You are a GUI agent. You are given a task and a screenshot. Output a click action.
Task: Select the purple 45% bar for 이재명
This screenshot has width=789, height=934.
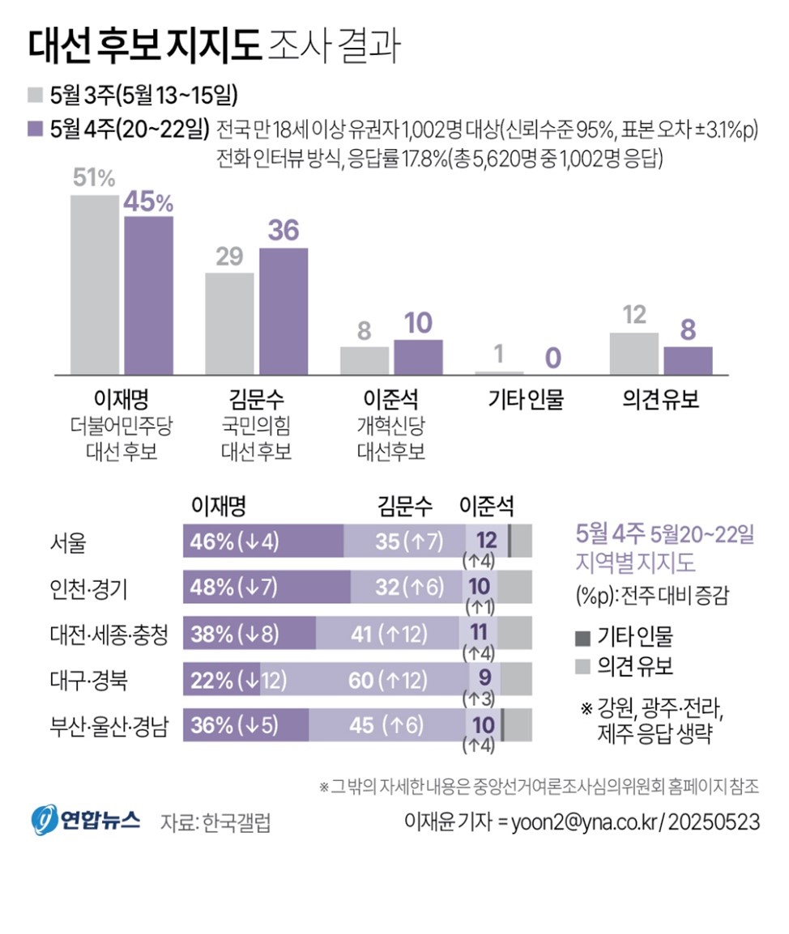click(148, 295)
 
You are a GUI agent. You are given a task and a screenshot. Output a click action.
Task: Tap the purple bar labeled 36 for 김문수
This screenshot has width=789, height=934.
click(284, 311)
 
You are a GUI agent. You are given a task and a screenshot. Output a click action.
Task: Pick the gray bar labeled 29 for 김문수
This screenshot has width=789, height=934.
click(229, 323)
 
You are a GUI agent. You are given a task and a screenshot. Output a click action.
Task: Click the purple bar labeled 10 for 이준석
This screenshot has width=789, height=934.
click(418, 357)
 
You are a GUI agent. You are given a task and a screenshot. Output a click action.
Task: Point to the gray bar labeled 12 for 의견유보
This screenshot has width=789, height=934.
click(633, 353)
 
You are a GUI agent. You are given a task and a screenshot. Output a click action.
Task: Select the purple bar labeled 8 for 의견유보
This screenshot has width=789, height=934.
click(688, 360)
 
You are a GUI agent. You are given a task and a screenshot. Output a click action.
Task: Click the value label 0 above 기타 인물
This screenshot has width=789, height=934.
click(553, 356)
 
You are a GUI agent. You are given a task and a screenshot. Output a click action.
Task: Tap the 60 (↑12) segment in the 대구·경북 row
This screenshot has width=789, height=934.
click(363, 680)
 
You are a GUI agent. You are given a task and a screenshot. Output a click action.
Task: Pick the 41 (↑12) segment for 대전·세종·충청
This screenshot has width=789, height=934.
click(387, 634)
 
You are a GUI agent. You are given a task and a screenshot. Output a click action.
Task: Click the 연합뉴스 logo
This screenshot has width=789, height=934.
click(86, 820)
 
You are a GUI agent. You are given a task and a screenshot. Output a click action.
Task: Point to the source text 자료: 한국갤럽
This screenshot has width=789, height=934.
click(215, 822)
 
